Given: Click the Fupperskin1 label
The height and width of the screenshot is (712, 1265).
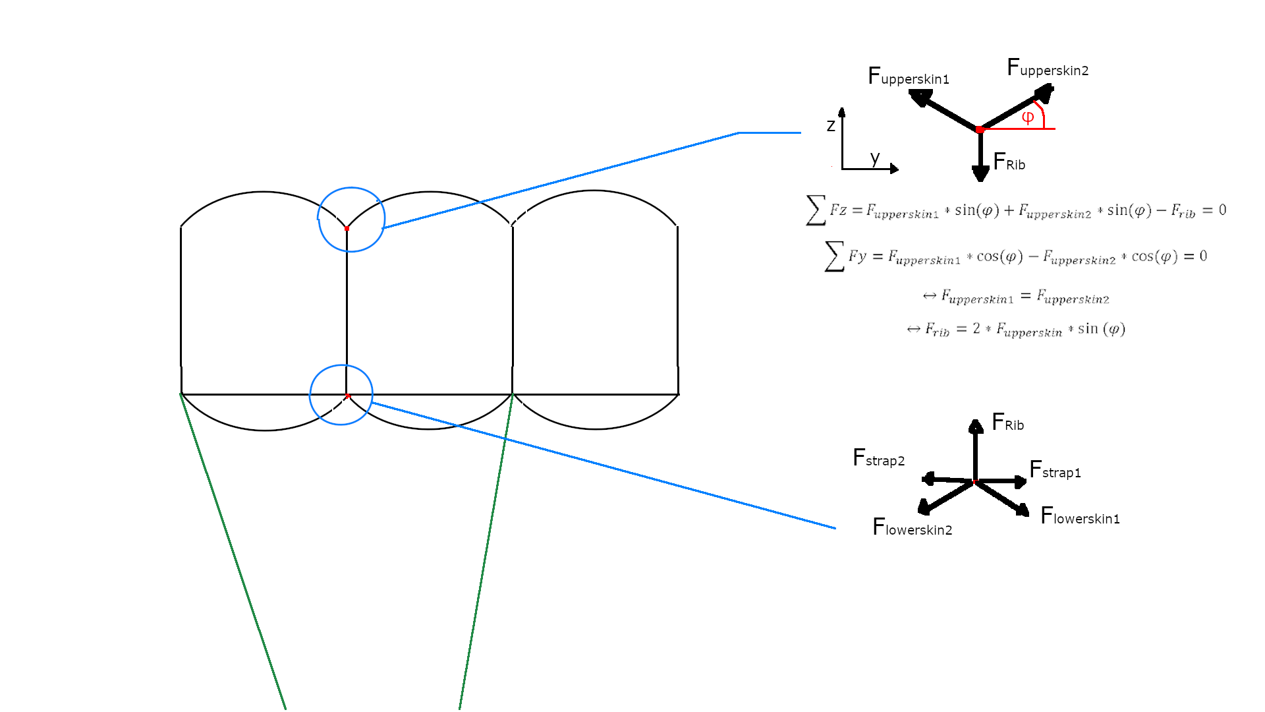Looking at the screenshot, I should click(x=909, y=76).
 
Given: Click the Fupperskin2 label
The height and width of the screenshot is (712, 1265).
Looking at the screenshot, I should click(x=1048, y=67).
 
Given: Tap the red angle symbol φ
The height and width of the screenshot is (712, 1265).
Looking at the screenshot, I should click(x=1028, y=117).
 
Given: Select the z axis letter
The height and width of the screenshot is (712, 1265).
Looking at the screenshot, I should click(x=831, y=125).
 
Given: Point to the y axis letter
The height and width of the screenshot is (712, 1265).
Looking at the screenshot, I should click(x=875, y=158).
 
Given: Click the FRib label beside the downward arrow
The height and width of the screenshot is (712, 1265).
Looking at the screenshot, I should click(x=1009, y=162).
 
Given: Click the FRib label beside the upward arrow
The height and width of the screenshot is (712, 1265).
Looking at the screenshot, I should click(x=1007, y=422).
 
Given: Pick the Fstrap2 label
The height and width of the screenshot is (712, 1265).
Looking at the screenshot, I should click(x=878, y=457).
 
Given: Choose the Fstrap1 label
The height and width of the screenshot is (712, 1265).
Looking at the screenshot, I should click(x=1055, y=469).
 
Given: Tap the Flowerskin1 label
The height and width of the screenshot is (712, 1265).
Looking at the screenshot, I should click(x=1080, y=516).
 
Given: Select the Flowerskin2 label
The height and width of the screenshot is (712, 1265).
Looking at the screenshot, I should click(x=912, y=527).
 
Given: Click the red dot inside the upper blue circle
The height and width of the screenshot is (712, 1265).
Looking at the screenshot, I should click(x=347, y=228).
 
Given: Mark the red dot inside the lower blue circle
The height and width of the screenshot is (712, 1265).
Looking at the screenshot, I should click(x=347, y=396).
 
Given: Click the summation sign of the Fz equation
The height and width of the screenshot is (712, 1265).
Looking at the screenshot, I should click(x=816, y=210).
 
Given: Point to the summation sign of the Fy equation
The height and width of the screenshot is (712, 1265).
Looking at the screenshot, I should click(x=834, y=256).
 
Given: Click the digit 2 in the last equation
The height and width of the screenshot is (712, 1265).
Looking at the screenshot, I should click(x=976, y=328).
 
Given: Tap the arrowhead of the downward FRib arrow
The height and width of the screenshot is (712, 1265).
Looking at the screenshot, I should click(x=980, y=174).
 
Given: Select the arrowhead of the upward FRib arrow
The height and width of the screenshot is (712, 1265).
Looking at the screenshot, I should click(x=976, y=426).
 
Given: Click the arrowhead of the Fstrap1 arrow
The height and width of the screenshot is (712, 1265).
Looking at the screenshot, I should click(x=1021, y=482).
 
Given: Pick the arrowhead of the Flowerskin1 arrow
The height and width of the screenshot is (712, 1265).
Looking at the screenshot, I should click(x=1023, y=510).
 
